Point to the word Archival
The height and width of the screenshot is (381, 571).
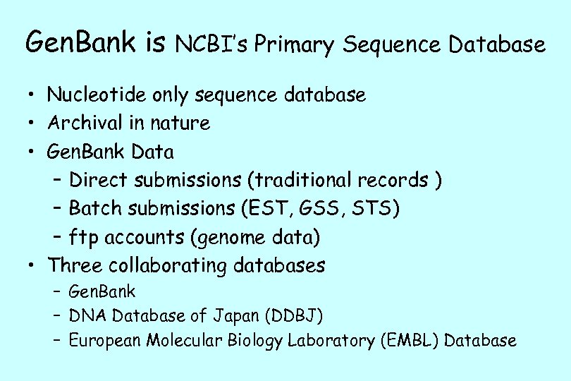click(85, 123)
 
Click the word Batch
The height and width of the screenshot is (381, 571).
click(97, 209)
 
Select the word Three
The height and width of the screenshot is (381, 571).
click(73, 266)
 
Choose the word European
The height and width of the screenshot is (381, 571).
click(105, 340)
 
